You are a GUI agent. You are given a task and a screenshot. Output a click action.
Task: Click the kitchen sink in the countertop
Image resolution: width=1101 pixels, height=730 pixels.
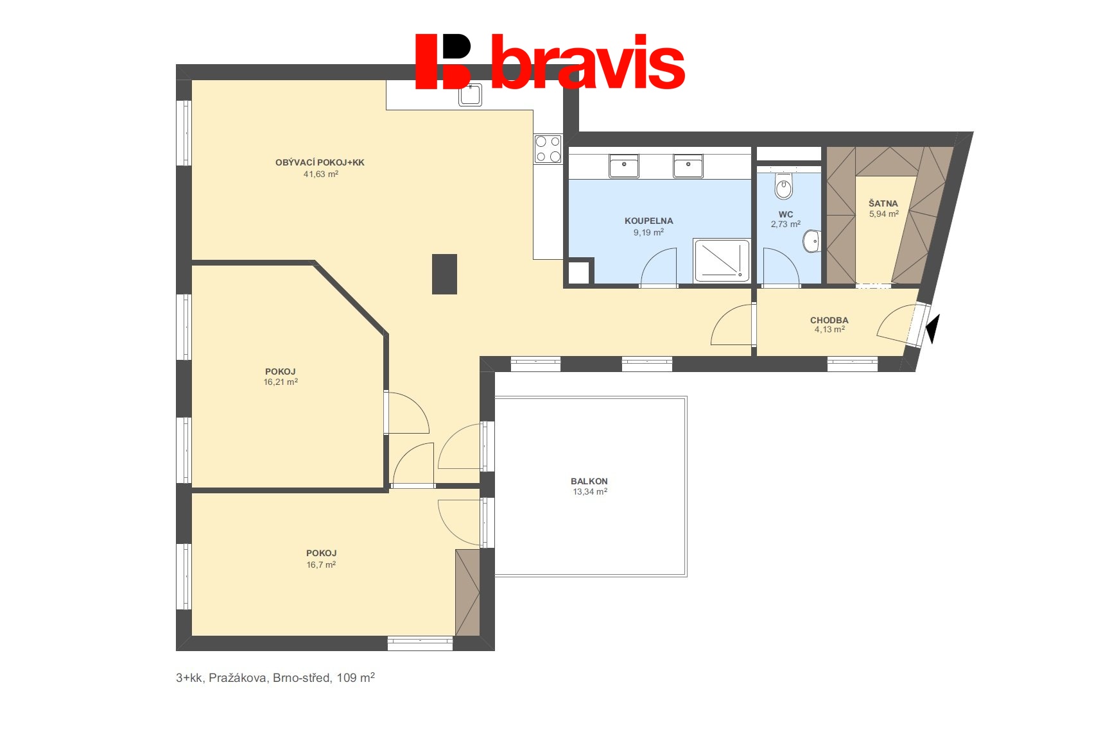(x=470, y=94)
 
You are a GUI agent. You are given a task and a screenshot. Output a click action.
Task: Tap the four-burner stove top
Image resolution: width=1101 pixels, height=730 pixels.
(x=548, y=149)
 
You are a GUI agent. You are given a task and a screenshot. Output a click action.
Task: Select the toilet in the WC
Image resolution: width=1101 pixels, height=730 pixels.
(x=784, y=186)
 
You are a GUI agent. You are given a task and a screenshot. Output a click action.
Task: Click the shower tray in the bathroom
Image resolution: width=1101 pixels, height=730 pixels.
(x=722, y=260)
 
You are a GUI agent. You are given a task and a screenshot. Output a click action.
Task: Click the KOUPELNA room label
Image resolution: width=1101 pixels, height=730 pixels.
(x=648, y=221)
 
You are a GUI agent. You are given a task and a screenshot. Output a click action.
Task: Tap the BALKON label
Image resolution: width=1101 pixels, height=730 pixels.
(x=589, y=481)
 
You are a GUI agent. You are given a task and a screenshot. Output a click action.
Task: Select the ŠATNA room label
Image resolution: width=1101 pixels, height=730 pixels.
(x=883, y=203)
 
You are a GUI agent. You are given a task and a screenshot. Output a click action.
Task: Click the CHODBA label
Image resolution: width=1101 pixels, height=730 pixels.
(x=829, y=320)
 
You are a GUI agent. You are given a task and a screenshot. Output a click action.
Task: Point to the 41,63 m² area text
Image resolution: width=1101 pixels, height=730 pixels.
(x=321, y=174)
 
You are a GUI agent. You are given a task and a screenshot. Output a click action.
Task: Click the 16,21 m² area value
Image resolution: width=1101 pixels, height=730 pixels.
(x=281, y=382)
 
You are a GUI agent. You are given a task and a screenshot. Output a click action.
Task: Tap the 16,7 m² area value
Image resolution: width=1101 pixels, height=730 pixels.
(x=321, y=564)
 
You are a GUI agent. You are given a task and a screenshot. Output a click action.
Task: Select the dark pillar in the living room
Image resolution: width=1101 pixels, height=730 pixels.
(x=444, y=274)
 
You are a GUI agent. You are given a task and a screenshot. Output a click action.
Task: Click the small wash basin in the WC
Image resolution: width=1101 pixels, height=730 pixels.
(x=811, y=241)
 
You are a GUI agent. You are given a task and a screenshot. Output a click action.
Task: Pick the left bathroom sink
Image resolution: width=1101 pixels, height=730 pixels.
(x=623, y=166)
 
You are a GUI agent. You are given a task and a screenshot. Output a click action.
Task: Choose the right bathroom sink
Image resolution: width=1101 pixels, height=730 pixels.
(x=688, y=166)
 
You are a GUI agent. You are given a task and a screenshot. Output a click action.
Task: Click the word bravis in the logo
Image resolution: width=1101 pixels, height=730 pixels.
(x=587, y=62)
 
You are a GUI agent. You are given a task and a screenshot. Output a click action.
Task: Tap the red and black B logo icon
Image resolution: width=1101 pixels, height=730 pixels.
(x=443, y=62)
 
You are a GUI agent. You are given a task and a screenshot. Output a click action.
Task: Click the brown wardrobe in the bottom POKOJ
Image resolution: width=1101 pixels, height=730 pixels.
(x=467, y=593)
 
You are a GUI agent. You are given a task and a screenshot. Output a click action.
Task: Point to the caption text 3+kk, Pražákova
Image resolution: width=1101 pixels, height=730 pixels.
(x=221, y=678)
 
